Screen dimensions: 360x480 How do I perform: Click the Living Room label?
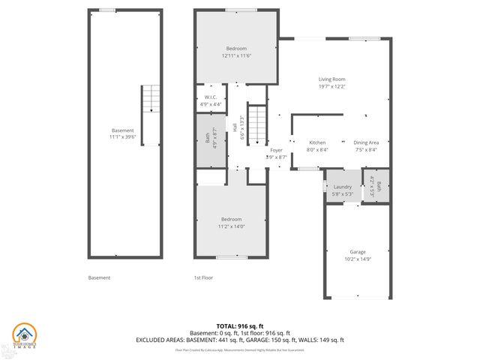331,79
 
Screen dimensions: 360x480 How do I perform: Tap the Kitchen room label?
317,142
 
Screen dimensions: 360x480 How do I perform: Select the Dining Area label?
366,142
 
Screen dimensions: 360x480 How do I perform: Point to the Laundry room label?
343,187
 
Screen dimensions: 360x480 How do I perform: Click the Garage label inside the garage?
358,251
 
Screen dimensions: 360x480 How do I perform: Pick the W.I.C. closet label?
211,97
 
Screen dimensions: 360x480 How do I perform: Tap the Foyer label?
276,150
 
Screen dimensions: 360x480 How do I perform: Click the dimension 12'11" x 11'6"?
236,55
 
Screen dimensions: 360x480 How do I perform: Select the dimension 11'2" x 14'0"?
231,226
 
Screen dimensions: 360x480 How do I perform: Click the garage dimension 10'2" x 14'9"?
358,259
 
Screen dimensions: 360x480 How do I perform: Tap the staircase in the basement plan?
151,99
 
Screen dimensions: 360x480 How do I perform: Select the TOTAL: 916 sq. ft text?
239,325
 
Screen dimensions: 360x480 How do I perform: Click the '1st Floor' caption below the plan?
203,277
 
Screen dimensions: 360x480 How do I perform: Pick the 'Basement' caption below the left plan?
99,277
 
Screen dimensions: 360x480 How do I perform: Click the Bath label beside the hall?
208,138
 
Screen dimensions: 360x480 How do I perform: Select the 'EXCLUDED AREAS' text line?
239,340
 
